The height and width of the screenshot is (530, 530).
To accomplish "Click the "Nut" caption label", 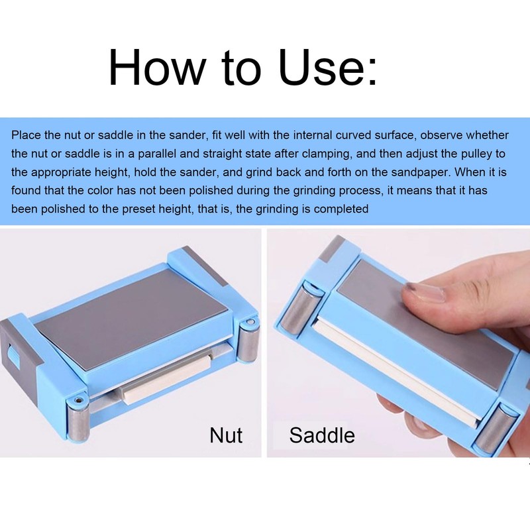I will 226,435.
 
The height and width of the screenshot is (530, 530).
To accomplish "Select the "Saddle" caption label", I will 322,435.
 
